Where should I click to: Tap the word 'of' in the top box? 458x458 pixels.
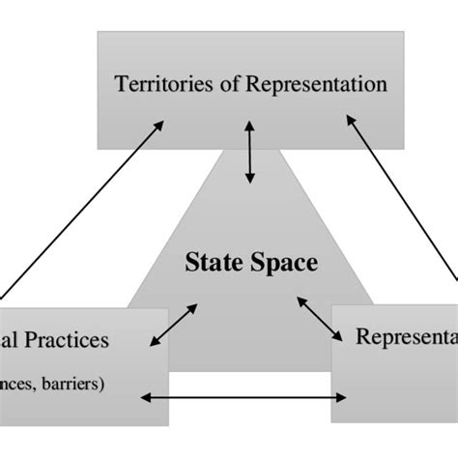[x=217, y=84]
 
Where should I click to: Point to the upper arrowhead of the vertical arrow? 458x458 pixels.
[x=250, y=125]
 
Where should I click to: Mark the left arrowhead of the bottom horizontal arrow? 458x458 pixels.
[x=145, y=396]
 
